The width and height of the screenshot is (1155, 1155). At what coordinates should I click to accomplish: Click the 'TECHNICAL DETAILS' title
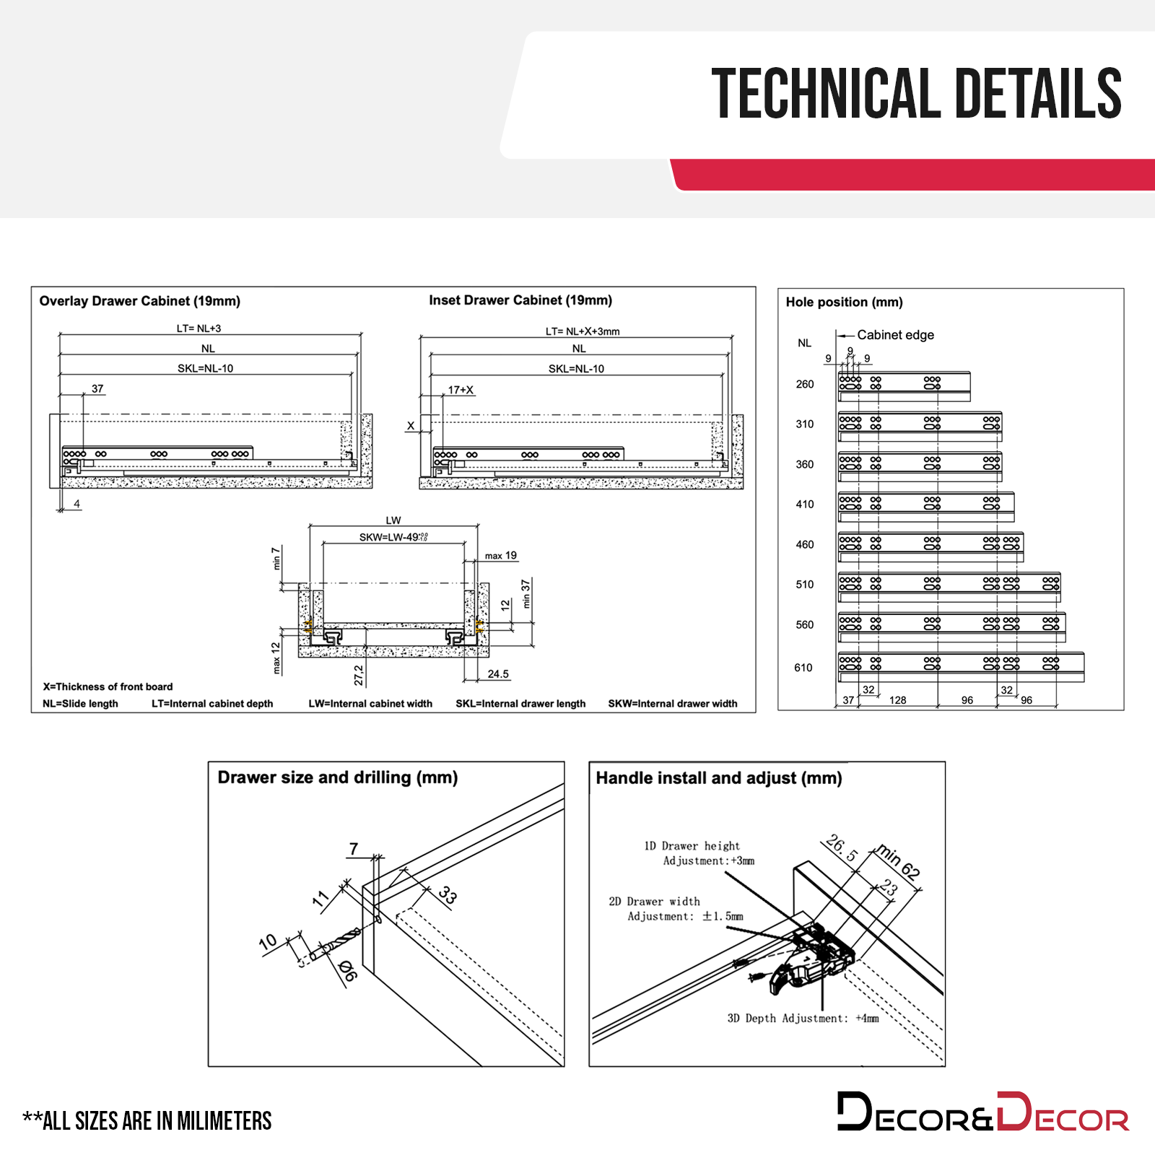click(916, 94)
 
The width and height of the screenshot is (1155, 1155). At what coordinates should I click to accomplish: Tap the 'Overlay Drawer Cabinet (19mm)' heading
click(139, 301)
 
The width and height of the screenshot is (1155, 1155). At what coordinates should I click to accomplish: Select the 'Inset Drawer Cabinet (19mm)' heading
click(520, 300)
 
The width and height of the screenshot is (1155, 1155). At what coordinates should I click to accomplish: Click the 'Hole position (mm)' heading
click(844, 302)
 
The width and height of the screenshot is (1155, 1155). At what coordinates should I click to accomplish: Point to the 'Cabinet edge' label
click(895, 335)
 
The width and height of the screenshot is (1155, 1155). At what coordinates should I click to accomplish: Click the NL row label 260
click(805, 384)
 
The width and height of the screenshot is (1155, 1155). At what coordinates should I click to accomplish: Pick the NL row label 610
click(803, 668)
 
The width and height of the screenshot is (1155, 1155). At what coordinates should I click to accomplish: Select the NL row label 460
click(805, 545)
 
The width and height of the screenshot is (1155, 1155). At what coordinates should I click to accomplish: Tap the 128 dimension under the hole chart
click(897, 700)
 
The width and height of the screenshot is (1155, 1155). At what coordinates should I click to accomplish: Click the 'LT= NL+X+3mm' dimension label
click(582, 331)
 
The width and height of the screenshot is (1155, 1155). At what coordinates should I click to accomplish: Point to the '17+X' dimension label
click(461, 390)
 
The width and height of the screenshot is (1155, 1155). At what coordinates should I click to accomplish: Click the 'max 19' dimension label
click(500, 556)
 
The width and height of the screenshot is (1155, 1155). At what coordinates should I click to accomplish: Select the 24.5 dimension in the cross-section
click(498, 674)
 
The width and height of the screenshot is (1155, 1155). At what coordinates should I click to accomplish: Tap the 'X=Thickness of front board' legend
click(108, 687)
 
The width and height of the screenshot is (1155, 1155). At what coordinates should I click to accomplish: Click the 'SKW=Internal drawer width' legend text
click(672, 704)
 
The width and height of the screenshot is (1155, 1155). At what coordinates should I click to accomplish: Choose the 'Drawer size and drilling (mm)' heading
click(338, 777)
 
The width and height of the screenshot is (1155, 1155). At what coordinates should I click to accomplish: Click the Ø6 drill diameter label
click(347, 971)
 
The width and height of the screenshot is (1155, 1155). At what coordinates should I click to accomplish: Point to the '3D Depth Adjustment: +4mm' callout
click(803, 1019)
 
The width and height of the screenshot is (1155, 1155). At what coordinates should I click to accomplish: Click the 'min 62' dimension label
click(899, 861)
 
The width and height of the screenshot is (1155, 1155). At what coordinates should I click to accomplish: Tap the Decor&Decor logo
click(982, 1112)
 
